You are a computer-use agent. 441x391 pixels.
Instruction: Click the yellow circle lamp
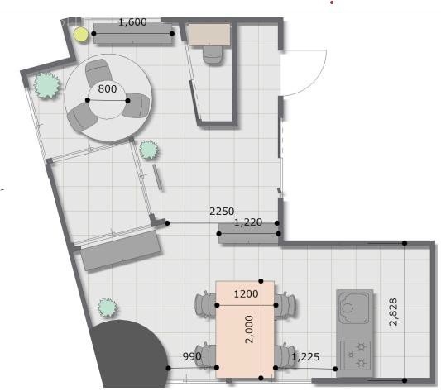[81, 35]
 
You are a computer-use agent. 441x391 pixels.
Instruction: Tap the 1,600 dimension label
[132, 22]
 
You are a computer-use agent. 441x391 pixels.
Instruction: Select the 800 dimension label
[108, 88]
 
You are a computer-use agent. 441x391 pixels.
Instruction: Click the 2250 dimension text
[222, 211]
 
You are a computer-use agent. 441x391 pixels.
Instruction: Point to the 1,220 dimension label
[248, 222]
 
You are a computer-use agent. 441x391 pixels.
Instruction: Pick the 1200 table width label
[246, 294]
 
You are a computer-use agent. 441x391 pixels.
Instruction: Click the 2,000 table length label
[250, 329]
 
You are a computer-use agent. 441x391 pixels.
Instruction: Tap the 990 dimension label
[192, 356]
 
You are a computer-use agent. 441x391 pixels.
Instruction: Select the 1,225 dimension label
[305, 357]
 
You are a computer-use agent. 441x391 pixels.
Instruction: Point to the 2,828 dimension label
[393, 312]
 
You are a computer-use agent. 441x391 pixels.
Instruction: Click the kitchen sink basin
[354, 308]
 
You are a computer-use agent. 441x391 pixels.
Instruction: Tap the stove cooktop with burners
[355, 355]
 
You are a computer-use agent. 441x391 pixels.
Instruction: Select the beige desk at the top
[209, 35]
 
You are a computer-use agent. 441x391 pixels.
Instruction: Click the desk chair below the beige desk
[213, 55]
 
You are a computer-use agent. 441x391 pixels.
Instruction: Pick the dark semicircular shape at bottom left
[129, 353]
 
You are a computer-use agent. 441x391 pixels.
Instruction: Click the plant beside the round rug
[46, 85]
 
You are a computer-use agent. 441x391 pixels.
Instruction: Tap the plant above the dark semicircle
[108, 308]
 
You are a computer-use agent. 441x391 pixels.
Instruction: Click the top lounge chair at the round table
[97, 72]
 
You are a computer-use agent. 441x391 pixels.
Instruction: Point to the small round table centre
[108, 100]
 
